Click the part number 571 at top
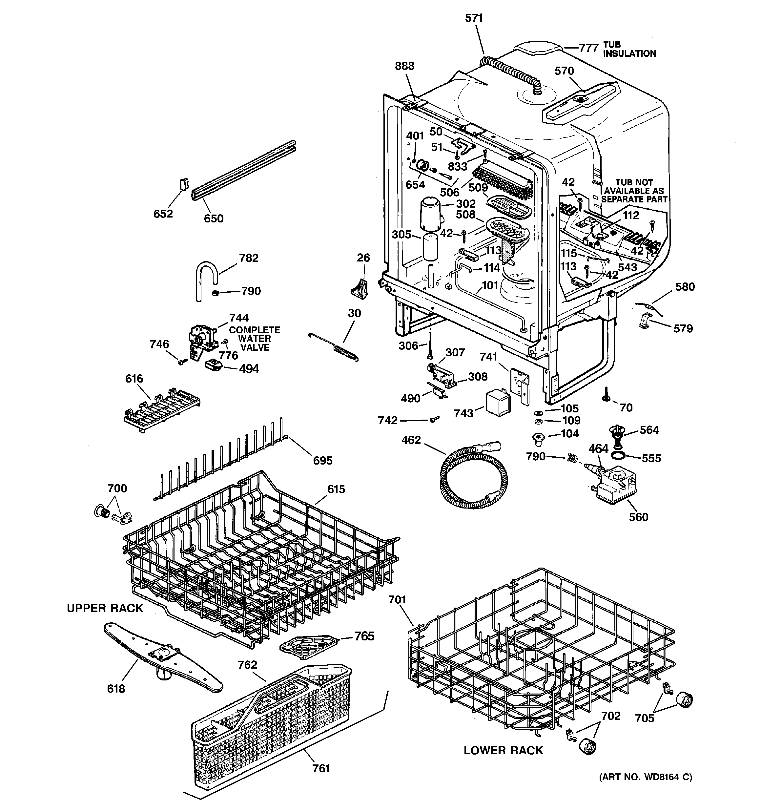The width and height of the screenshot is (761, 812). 474,18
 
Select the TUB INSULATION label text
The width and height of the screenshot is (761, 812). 629,49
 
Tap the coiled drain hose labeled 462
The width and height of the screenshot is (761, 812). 474,478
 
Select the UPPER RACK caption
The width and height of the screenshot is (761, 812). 105,608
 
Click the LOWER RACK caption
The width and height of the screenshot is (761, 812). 503,750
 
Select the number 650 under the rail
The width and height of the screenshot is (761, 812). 214,219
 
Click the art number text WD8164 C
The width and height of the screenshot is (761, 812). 646,789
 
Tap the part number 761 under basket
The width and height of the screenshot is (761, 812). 321,769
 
